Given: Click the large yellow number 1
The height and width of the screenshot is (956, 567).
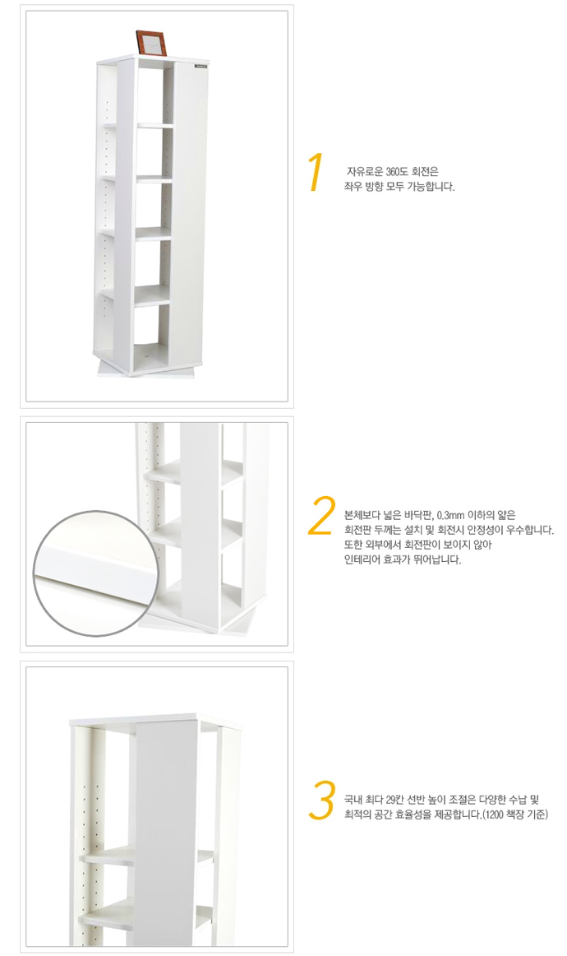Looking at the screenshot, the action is pos(315,173).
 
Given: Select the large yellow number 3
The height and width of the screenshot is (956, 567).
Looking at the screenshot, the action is pos(321,800).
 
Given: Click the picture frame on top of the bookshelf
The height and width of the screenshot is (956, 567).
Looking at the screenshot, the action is pos(150,43).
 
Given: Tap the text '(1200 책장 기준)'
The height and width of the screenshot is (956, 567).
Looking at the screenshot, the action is pos(514,814).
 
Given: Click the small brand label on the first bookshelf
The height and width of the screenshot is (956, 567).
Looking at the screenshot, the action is pos(201,66).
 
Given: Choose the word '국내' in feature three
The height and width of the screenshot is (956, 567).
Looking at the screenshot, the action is pos(353,800).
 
